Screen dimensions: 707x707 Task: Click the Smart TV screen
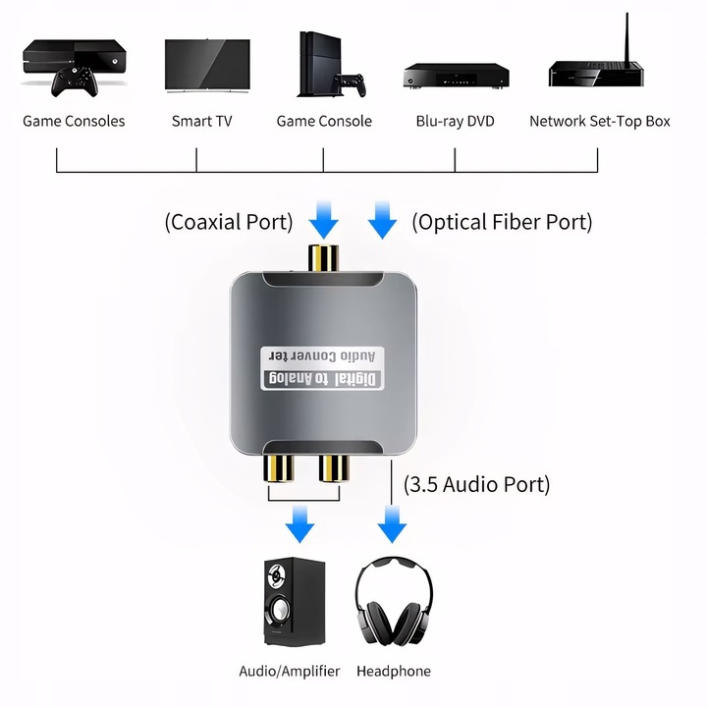coord(206,64)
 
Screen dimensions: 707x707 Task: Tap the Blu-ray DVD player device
coord(456,76)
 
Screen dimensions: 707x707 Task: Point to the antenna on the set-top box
coord(625,37)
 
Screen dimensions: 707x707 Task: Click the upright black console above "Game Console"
coord(317,63)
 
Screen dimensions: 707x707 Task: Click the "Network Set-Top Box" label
coord(599,121)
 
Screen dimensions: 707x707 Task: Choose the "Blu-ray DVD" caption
coord(455,121)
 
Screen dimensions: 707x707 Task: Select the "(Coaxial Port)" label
coord(229,222)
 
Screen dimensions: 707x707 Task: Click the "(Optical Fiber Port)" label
coord(502,222)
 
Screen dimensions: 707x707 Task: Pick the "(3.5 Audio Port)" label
coord(477,484)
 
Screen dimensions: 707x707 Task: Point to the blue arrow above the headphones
coord(393,525)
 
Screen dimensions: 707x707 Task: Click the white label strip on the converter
coord(321,367)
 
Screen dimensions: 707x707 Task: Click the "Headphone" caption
coord(393,671)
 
